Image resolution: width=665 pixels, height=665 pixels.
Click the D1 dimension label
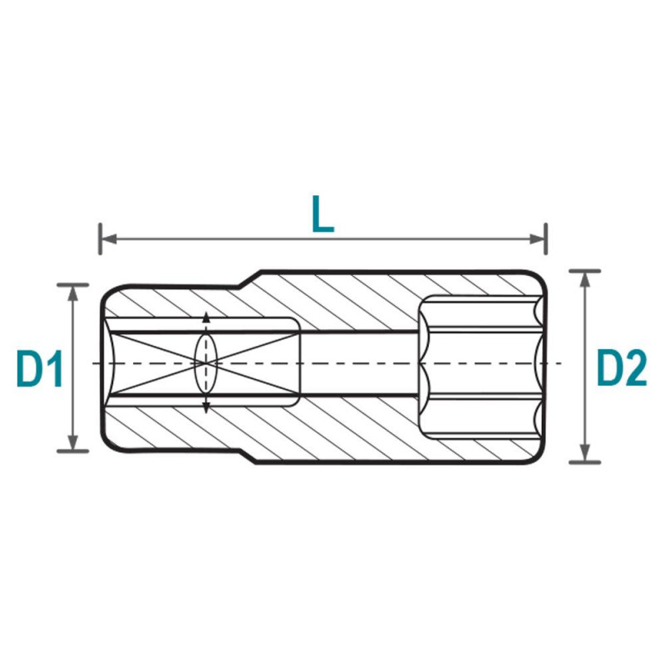(x=39, y=369)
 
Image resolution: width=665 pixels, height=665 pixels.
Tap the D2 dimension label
(x=622, y=367)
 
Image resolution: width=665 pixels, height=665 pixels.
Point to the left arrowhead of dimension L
(x=110, y=239)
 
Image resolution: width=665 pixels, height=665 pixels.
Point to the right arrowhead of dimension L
(x=537, y=239)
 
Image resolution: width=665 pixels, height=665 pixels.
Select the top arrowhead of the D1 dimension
(x=73, y=295)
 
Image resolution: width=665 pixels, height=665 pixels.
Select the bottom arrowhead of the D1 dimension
(x=73, y=441)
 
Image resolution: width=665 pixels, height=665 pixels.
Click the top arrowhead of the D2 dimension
(x=585, y=280)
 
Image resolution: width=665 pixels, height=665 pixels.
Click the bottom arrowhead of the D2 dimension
(x=585, y=452)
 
